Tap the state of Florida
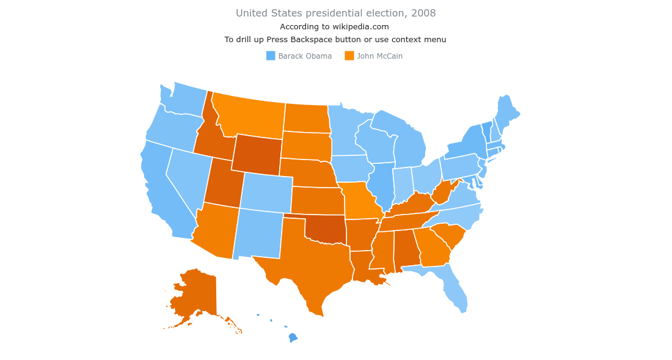pyautogui.click(x=455, y=290)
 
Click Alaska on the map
pyautogui.click(x=195, y=293)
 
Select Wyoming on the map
pyautogui.click(x=257, y=153)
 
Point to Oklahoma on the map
pyautogui.click(x=324, y=229)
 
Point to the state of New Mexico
pyautogui.click(x=257, y=232)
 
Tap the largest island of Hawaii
pyautogui.click(x=293, y=337)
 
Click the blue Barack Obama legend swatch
pyautogui.click(x=271, y=56)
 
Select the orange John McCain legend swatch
pyautogui.click(x=349, y=56)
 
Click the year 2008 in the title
pyautogui.click(x=423, y=13)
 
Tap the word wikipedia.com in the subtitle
pyautogui.click(x=360, y=27)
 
